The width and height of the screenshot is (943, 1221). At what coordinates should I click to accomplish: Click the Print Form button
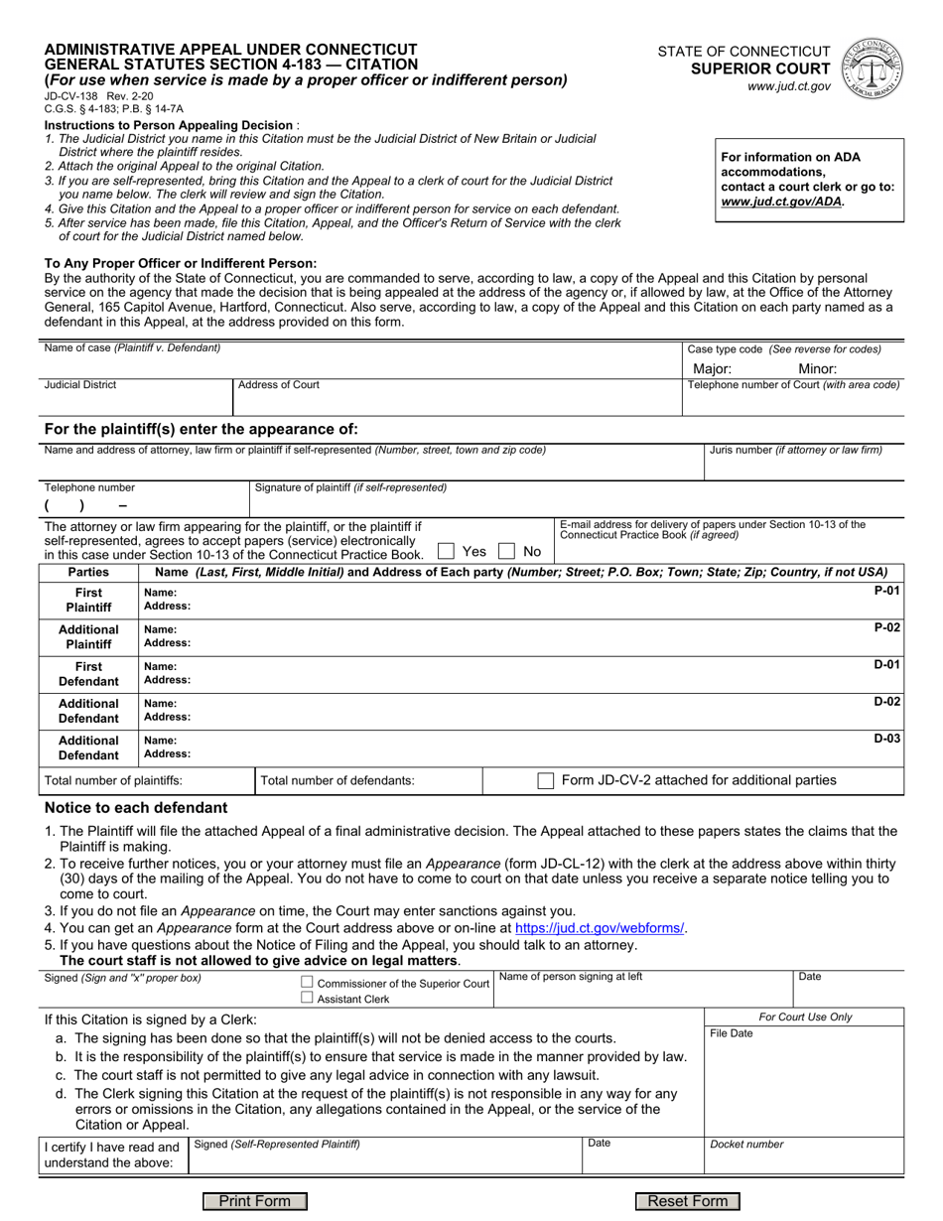pos(255,1201)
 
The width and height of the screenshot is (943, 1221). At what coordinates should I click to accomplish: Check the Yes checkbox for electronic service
pos(446,551)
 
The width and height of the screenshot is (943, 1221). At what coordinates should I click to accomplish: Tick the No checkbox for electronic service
pos(506,551)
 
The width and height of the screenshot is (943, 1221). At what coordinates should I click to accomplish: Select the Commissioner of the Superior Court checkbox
pos(307,983)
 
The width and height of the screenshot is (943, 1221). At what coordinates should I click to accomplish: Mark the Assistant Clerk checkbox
pos(307,998)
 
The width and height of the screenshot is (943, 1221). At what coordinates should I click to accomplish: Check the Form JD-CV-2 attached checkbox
pos(545,780)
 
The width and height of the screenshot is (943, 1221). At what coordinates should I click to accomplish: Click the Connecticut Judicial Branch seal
pos(873,69)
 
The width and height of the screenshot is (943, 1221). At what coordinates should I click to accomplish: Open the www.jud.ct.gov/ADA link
pos(782,201)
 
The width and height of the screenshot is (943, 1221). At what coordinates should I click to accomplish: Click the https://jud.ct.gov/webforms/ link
pos(600,927)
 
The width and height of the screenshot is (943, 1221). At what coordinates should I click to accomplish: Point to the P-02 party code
pos(886,627)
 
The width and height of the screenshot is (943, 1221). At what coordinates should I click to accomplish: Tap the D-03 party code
pos(886,738)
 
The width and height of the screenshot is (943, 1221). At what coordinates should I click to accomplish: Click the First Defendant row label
pos(88,674)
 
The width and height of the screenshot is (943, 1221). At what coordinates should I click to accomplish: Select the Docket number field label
pos(746,1144)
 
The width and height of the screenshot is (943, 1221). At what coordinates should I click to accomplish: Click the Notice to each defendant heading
pos(136,808)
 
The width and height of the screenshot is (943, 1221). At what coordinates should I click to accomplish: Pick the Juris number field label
pos(795,450)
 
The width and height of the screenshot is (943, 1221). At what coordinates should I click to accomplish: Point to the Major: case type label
pos(712,368)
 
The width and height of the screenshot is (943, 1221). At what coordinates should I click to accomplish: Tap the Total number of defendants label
pos(337,780)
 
